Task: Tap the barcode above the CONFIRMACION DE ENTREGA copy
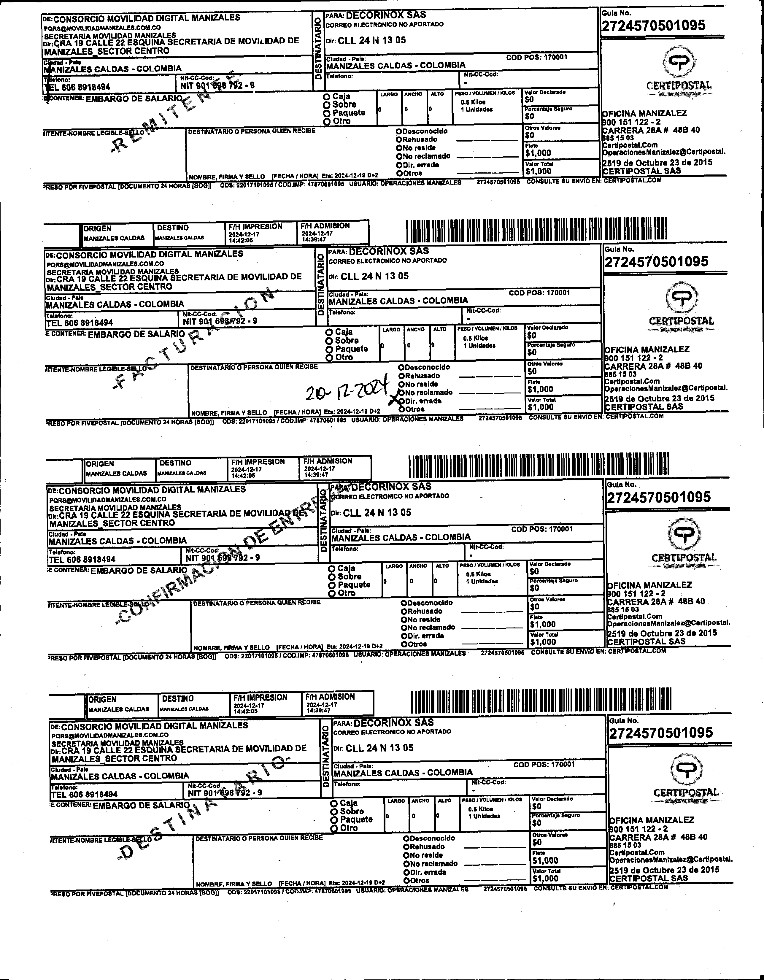coord(538,467)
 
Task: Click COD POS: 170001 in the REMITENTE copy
coord(536,58)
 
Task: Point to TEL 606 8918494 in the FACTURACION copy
coord(80,323)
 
